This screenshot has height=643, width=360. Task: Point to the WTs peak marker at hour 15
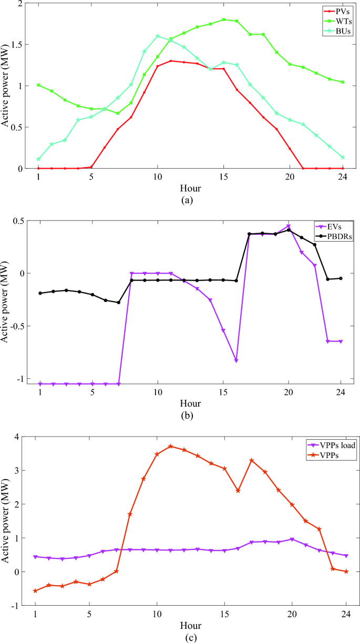coord(224,19)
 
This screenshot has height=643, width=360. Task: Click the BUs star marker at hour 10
coord(158,36)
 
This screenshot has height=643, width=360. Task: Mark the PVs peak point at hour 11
coord(171,61)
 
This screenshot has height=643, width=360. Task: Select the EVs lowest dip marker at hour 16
coord(236,360)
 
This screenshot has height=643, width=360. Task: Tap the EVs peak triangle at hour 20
coord(289,226)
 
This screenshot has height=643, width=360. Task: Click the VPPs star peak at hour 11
coord(171,446)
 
